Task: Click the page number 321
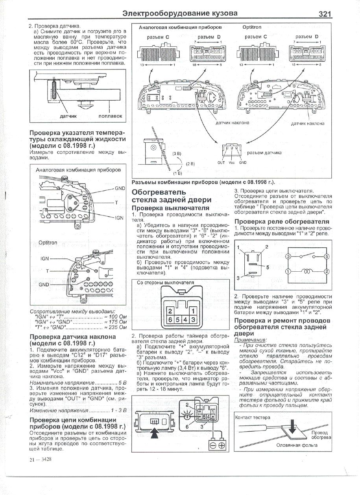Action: [x=325, y=14]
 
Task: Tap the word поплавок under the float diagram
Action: [x=110, y=116]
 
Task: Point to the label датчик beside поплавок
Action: [x=68, y=116]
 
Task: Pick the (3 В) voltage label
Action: [x=177, y=153]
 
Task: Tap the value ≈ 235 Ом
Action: [x=115, y=327]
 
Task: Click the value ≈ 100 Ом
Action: [x=115, y=316]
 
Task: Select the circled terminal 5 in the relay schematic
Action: [x=326, y=256]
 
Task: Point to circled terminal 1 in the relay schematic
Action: [x=288, y=272]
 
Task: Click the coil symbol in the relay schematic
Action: [x=307, y=272]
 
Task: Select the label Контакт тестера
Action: [x=253, y=417]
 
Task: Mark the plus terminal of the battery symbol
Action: [x=221, y=445]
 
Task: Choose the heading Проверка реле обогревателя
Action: [x=282, y=222]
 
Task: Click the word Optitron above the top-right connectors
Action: [x=251, y=28]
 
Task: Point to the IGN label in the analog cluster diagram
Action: [x=119, y=217]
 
